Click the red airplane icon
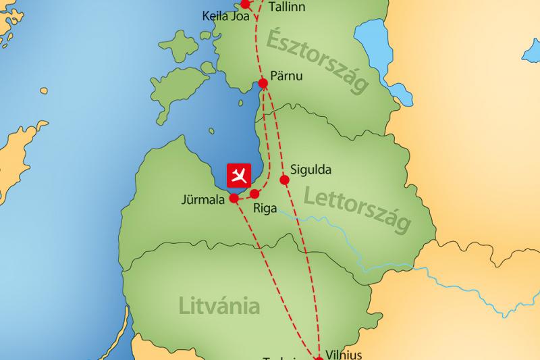[238, 176]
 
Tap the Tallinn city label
[286, 7]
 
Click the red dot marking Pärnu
[264, 83]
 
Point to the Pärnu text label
[287, 74]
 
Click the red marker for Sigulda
[284, 180]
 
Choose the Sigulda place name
[310, 170]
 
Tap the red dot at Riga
[254, 194]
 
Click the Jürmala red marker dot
[234, 199]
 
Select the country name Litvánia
[219, 305]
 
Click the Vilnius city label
[344, 354]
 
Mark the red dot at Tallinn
[246, 4]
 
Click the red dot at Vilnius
[319, 357]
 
